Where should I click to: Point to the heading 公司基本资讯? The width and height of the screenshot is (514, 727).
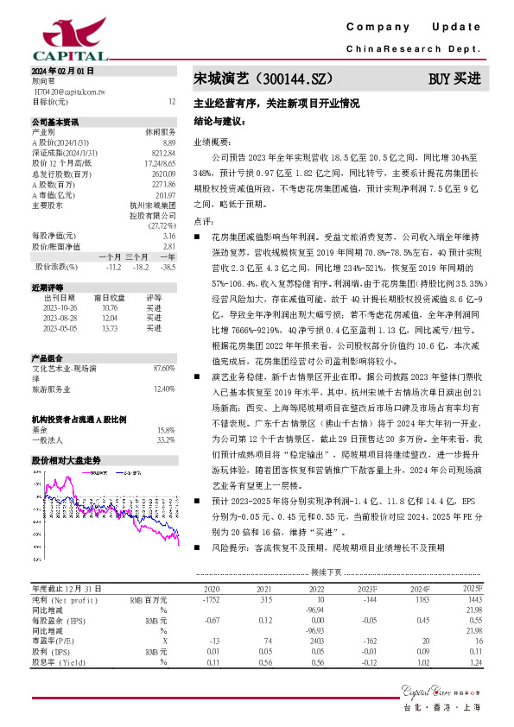click(55, 122)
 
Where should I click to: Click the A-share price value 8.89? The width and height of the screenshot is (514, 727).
click(169, 141)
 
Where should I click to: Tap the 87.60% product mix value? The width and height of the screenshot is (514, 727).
click(164, 369)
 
